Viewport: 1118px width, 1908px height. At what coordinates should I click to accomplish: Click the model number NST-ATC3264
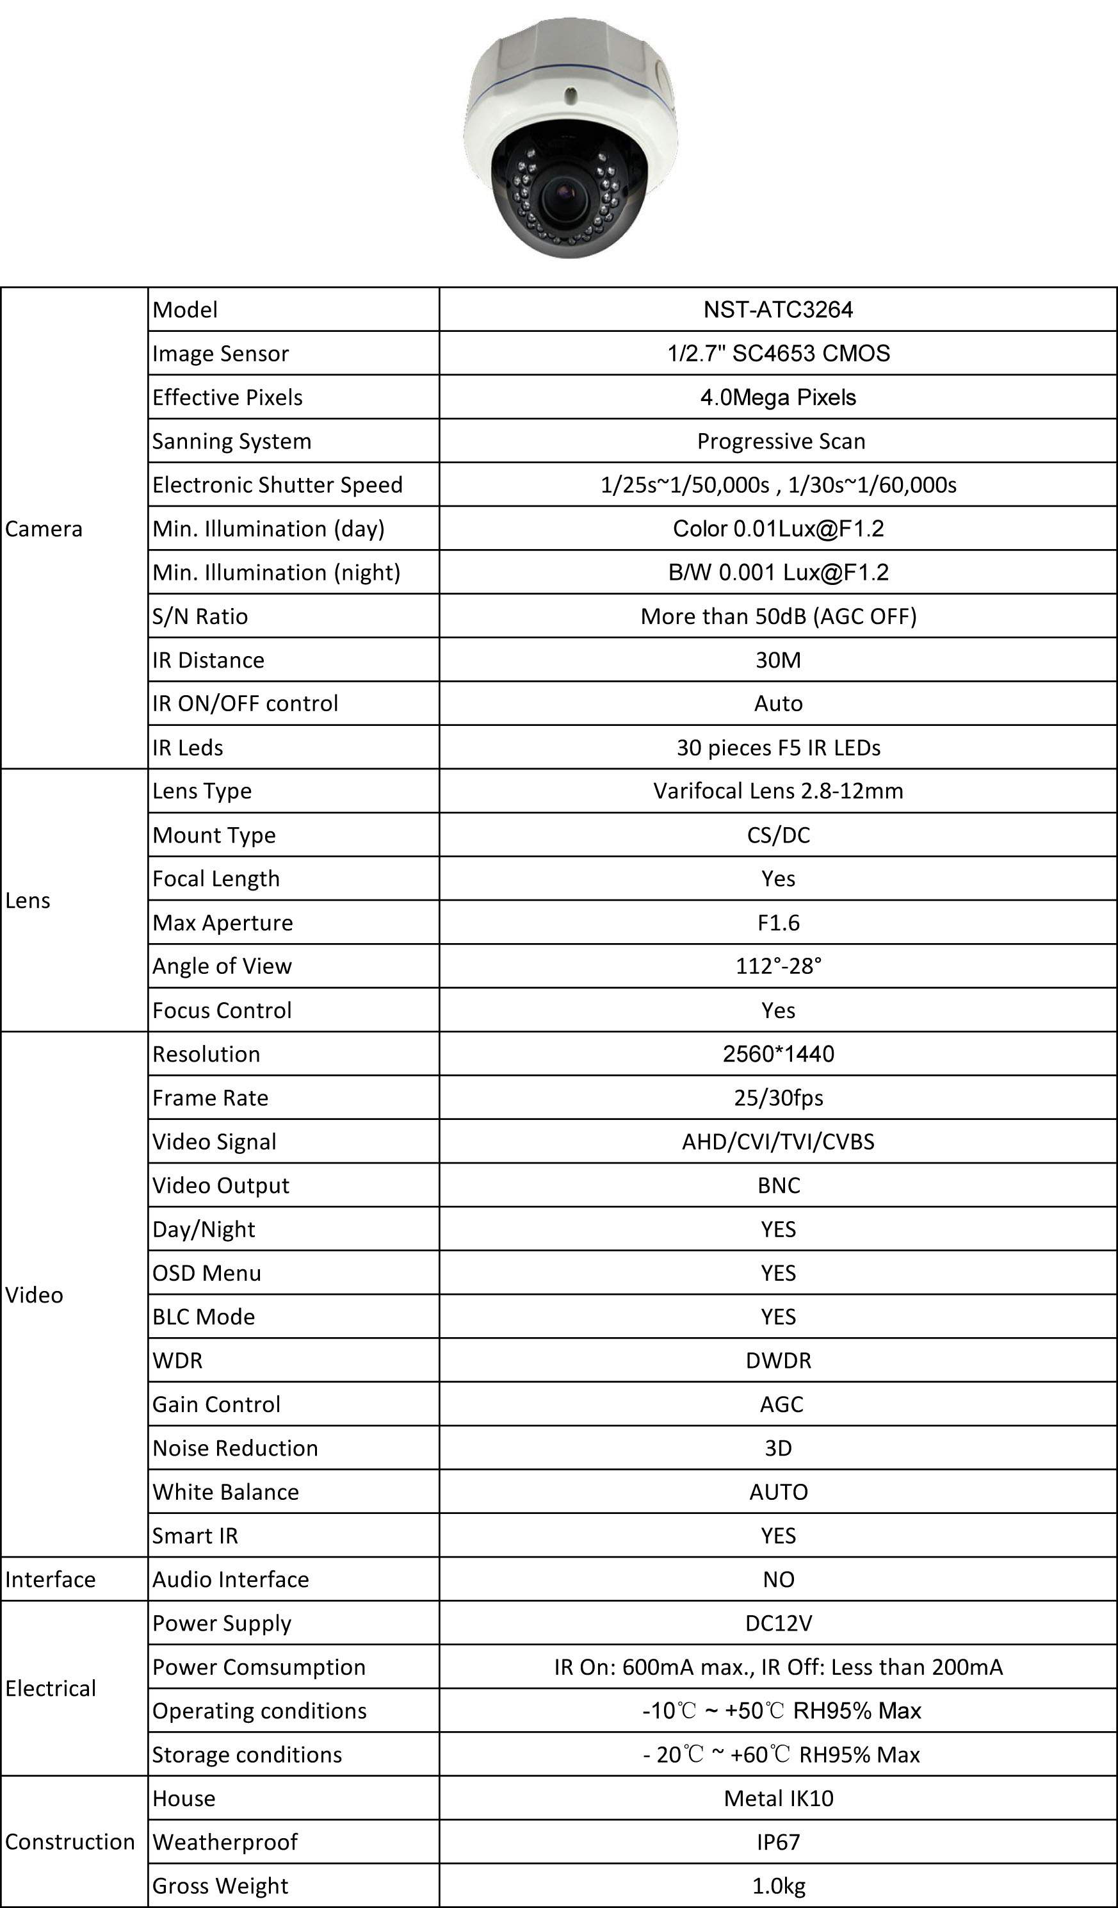777,309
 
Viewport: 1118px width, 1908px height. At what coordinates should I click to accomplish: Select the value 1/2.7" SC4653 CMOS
777,354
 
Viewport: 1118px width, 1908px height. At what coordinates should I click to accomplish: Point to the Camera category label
44,529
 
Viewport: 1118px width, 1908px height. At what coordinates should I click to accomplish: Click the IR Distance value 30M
777,660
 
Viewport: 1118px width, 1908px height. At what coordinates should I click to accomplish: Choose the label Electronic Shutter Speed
277,484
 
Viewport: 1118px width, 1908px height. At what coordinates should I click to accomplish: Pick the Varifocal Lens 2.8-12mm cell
777,791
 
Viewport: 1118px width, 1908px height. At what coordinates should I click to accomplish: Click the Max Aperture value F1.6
777,923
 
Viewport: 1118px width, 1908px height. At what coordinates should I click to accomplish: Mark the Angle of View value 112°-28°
777,966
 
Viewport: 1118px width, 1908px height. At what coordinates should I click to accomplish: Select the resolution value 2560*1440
777,1054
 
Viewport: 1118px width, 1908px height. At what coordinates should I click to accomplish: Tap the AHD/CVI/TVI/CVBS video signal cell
777,1142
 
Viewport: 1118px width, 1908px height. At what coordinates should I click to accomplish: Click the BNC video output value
777,1186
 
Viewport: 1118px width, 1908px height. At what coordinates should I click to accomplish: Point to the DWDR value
777,1361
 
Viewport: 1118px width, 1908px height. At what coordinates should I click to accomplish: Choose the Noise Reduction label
234,1449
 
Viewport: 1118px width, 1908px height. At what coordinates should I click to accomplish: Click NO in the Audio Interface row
777,1579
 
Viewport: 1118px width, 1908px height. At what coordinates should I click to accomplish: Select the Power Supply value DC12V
777,1624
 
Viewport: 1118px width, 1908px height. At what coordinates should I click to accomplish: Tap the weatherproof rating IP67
777,1842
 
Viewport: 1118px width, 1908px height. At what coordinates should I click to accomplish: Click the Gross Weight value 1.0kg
777,1886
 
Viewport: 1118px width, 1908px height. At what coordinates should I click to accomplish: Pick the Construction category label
70,1842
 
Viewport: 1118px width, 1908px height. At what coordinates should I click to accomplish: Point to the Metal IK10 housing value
777,1798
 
